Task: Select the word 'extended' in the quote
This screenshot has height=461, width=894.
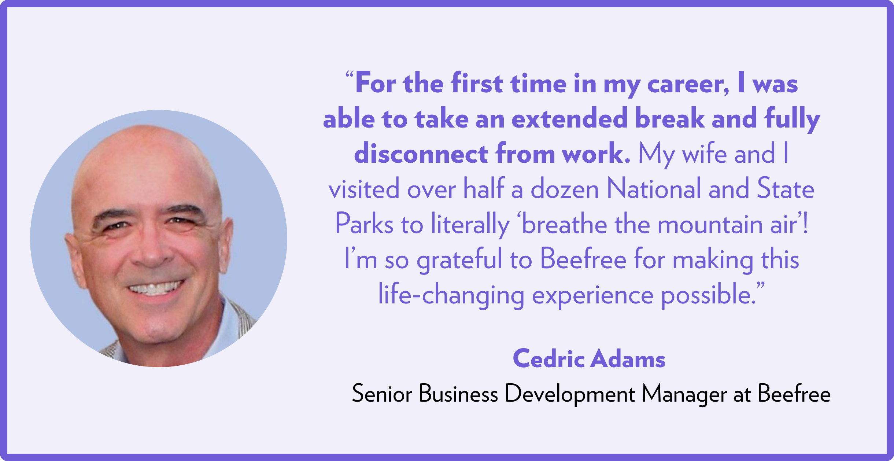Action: click(x=570, y=119)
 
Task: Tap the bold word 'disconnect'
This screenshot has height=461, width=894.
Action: click(x=421, y=154)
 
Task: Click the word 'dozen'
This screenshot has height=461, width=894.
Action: click(x=565, y=189)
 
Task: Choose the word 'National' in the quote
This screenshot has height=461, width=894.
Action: click(x=653, y=189)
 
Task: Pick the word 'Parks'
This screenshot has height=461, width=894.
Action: click(x=364, y=224)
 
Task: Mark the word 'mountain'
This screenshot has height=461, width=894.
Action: click(x=710, y=224)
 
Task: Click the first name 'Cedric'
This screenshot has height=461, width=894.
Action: click(x=548, y=358)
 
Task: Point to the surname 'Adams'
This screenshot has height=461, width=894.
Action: click(x=629, y=358)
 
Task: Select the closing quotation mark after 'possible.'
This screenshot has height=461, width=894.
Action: click(x=761, y=286)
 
